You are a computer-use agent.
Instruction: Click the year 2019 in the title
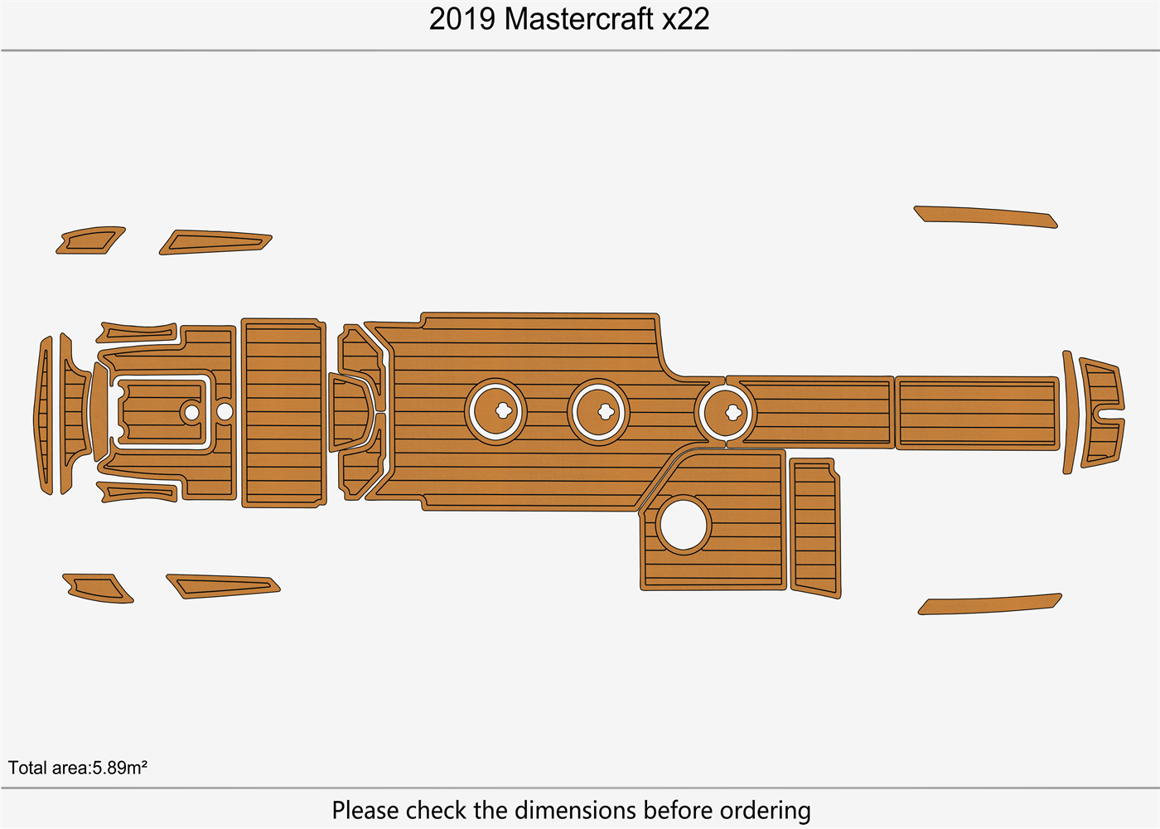462,19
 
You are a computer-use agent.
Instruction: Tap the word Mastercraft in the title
579,19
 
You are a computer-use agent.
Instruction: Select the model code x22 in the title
685,19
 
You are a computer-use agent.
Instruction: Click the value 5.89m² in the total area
119,768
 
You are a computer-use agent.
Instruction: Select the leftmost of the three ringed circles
495,411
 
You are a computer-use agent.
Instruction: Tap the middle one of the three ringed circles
599,411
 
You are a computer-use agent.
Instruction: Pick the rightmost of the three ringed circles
726,411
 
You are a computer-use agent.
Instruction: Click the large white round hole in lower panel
683,525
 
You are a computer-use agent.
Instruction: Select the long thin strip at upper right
985,216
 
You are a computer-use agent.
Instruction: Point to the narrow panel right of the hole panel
814,527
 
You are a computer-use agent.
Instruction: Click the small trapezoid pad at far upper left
90,240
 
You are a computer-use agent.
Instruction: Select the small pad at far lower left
98,587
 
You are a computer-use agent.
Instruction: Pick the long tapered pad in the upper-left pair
215,242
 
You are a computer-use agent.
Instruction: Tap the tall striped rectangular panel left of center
283,412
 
